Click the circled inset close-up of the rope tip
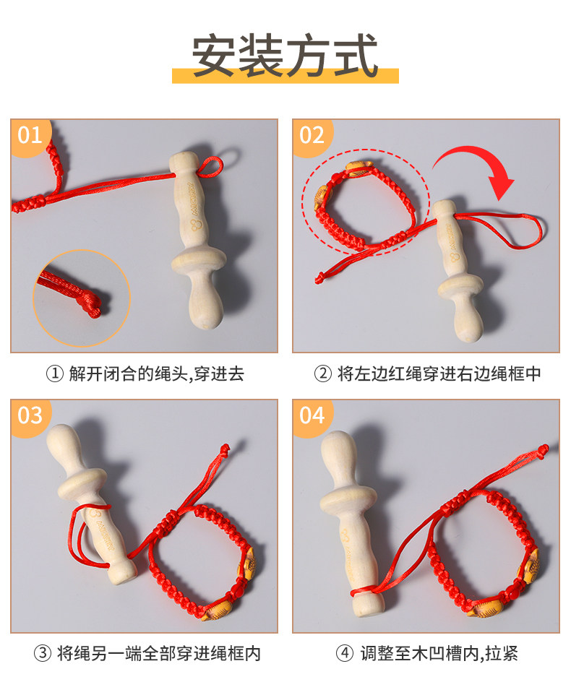[82, 298]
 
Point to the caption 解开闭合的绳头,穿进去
[157, 374]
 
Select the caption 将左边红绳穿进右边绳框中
[439, 374]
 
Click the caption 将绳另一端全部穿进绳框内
[159, 653]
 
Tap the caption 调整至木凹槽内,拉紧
[439, 653]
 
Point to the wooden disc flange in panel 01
[199, 262]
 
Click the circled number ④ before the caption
[345, 653]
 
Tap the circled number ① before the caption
[55, 374]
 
